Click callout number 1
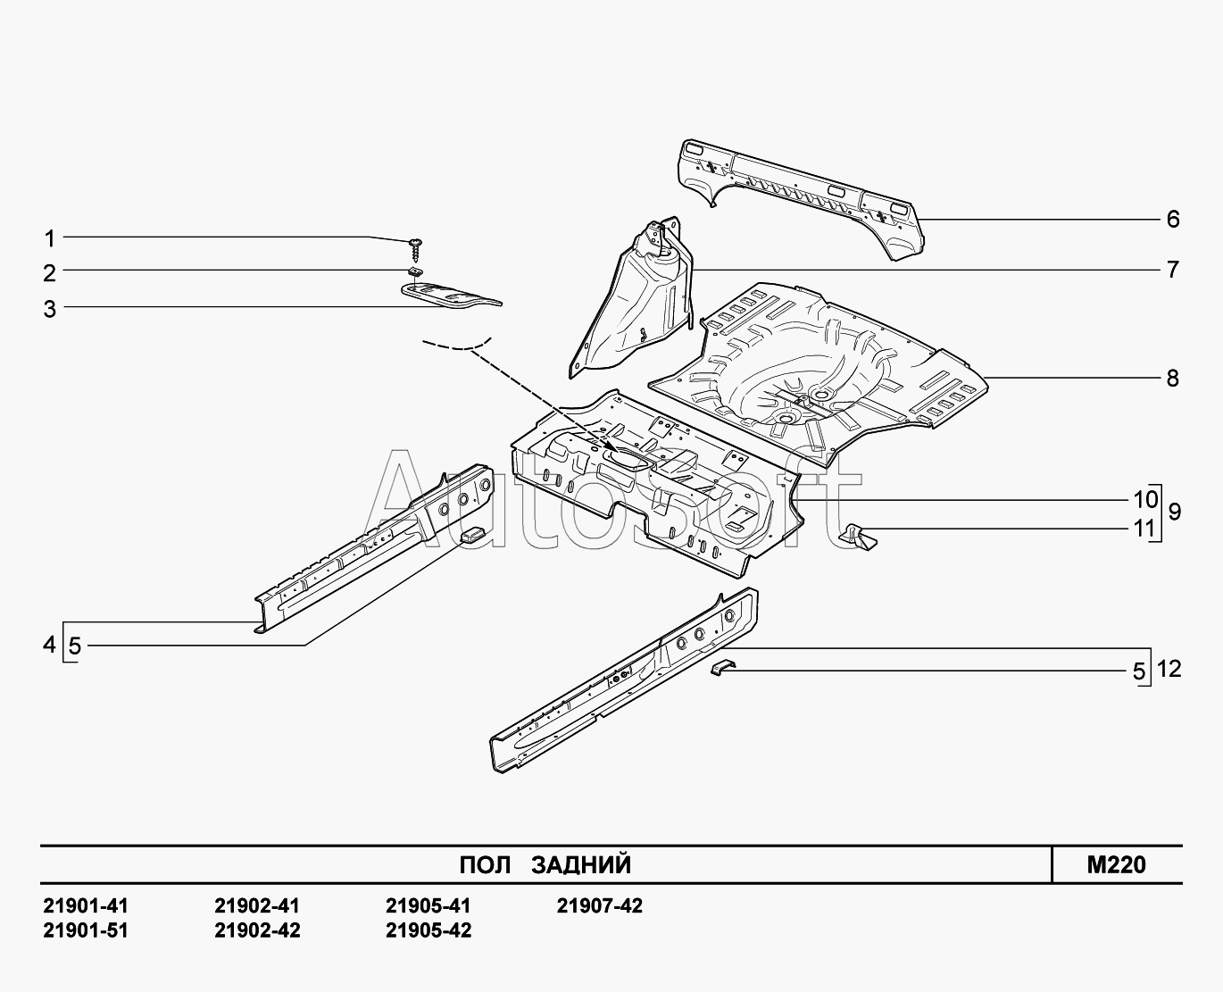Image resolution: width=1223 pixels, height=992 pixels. pyautogui.click(x=50, y=238)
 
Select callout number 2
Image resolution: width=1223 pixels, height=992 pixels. pyautogui.click(x=50, y=273)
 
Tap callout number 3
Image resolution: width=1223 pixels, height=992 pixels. pyautogui.click(x=50, y=309)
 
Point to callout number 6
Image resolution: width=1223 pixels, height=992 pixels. pyautogui.click(x=1173, y=220)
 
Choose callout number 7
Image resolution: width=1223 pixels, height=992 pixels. pyautogui.click(x=1173, y=270)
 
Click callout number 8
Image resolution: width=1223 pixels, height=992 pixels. pyautogui.click(x=1173, y=378)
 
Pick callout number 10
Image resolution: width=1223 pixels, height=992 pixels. pyautogui.click(x=1146, y=500)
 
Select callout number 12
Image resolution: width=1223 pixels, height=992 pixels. pyautogui.click(x=1169, y=669)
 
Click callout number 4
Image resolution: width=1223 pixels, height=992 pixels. pyautogui.click(x=49, y=645)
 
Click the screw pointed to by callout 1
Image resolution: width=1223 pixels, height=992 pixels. pyautogui.click(x=415, y=250)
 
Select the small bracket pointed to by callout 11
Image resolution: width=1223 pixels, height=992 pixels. pyautogui.click(x=858, y=537)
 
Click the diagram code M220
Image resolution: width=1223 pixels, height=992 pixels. pyautogui.click(x=1117, y=864)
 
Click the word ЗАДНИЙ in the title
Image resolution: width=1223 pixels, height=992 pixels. pyautogui.click(x=581, y=865)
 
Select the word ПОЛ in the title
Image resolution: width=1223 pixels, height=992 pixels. pyautogui.click(x=485, y=865)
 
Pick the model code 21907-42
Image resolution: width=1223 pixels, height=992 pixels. pyautogui.click(x=599, y=906)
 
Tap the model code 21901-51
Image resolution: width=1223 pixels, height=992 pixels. pyautogui.click(x=86, y=930)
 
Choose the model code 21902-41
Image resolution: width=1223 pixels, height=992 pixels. pyautogui.click(x=257, y=906)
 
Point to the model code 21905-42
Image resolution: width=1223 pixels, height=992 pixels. pyautogui.click(x=428, y=930)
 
